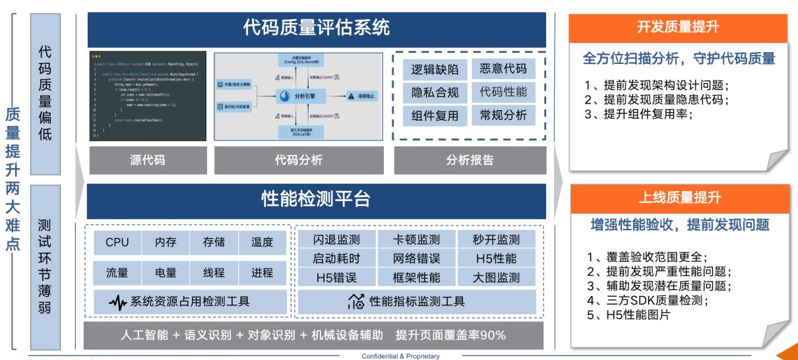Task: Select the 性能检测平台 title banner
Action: tap(317, 197)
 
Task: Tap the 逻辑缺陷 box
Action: tap(430, 69)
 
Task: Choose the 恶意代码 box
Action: tap(503, 69)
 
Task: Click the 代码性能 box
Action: tap(503, 92)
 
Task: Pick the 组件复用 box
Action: tap(430, 116)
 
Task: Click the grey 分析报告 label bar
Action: tap(470, 160)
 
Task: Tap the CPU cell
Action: tap(117, 243)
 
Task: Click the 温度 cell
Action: tap(262, 243)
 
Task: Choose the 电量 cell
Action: tap(165, 272)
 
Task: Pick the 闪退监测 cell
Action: tap(335, 239)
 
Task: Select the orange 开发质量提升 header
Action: tap(679, 28)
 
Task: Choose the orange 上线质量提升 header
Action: tap(679, 196)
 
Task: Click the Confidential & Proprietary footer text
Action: tap(400, 356)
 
